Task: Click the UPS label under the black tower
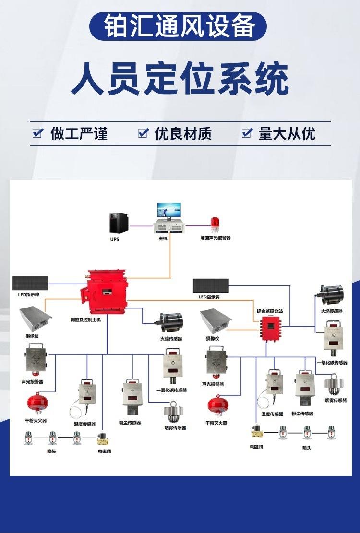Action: pyautogui.click(x=114, y=238)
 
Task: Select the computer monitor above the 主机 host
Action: pyautogui.click(x=169, y=210)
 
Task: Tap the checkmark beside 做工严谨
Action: pyautogui.click(x=38, y=133)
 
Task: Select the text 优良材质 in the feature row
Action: pyautogui.click(x=183, y=133)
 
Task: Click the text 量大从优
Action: pyautogui.click(x=287, y=133)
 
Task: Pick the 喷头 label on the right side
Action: pyautogui.click(x=307, y=448)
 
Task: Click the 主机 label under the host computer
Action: pyautogui.click(x=163, y=238)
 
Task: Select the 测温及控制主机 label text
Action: pyautogui.click(x=85, y=319)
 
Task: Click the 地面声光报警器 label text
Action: pyautogui.click(x=216, y=238)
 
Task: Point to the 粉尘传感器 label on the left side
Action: pyautogui.click(x=130, y=423)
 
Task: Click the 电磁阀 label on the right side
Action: pyautogui.click(x=256, y=447)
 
